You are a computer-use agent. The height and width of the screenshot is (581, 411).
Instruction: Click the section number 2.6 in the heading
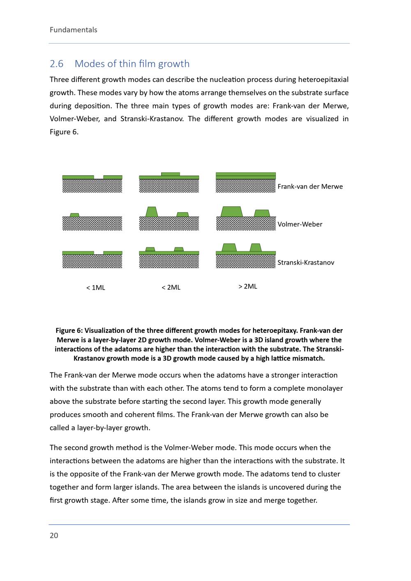(57, 64)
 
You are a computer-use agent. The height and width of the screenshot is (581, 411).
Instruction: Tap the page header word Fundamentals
(74, 30)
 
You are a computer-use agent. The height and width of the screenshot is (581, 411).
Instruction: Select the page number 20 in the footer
(54, 535)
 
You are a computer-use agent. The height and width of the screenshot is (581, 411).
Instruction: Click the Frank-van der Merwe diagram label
(310, 187)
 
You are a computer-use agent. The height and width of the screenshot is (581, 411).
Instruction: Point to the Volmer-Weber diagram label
(300, 224)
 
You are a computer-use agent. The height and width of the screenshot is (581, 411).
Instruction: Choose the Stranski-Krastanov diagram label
(305, 263)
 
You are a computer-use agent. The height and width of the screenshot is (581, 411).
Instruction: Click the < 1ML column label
(95, 288)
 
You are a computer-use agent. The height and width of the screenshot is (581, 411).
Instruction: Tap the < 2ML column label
(171, 287)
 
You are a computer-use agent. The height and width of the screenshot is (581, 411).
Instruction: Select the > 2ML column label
(247, 286)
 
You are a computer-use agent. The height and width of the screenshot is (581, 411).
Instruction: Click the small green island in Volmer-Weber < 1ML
(74, 215)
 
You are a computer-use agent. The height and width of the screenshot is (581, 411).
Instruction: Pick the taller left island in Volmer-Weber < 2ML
(152, 212)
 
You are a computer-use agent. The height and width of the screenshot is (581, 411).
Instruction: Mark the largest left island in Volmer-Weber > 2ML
(231, 212)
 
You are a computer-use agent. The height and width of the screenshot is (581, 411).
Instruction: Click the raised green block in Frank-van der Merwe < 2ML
(171, 174)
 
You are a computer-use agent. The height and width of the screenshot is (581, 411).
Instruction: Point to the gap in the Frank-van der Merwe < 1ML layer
(99, 177)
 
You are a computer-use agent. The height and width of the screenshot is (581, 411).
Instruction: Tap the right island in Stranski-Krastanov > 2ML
(256, 247)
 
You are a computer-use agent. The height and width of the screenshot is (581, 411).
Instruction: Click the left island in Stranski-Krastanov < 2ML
(150, 249)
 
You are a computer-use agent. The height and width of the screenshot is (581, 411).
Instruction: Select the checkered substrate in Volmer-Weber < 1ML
(92, 224)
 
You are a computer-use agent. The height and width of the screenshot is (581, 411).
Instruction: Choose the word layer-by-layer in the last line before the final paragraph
(100, 428)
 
